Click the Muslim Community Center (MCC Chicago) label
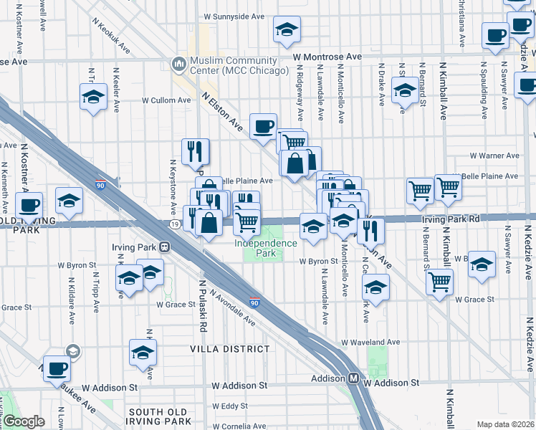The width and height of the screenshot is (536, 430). (x=224, y=66)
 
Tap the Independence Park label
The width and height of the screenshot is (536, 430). (x=265, y=248)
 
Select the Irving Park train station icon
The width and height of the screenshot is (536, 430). (x=165, y=247)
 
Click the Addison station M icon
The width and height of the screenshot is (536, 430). (x=353, y=379)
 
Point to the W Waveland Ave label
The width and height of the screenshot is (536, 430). (x=370, y=343)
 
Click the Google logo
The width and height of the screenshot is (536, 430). (x=24, y=421)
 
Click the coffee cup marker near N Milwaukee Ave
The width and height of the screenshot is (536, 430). (x=57, y=368)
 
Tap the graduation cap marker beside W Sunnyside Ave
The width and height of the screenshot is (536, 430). (x=287, y=29)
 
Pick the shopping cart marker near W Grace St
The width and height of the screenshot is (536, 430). (x=439, y=281)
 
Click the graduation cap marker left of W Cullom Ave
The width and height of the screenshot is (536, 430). (x=93, y=96)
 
